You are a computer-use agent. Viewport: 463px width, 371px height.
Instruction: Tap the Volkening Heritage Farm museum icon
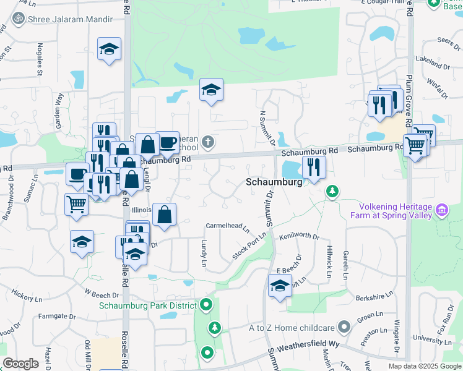pyautogui.click(x=442, y=211)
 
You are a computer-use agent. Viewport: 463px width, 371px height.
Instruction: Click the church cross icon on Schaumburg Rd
pyautogui.click(x=209, y=142)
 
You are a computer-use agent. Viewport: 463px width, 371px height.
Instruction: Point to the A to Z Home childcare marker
pyautogui.click(x=345, y=327)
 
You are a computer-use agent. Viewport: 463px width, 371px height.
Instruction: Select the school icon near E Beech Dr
pyautogui.click(x=280, y=286)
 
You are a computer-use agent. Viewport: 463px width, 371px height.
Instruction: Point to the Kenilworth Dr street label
pyautogui.click(x=299, y=236)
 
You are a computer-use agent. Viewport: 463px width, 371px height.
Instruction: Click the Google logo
pyautogui.click(x=21, y=364)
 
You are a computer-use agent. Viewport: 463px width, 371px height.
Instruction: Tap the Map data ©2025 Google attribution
pyautogui.click(x=424, y=366)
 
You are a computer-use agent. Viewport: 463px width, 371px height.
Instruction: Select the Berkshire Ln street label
pyautogui.click(x=375, y=297)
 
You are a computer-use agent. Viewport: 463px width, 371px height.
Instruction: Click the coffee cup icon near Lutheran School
pyautogui.click(x=167, y=142)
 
